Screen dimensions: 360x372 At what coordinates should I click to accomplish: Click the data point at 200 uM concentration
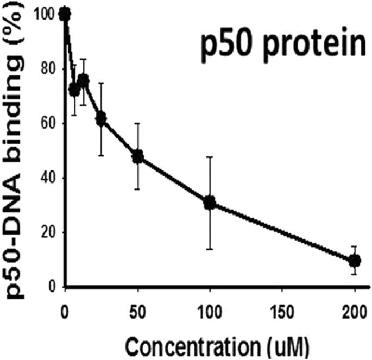click(x=354, y=261)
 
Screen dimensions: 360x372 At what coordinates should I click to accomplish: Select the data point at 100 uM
click(x=210, y=203)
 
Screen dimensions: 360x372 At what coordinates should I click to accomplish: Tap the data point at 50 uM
click(x=138, y=157)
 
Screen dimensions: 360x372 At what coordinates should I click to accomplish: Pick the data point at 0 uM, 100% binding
click(x=65, y=14)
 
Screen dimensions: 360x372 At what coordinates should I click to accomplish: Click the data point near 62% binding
click(x=101, y=119)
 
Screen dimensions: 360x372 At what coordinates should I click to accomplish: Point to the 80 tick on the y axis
click(x=52, y=69)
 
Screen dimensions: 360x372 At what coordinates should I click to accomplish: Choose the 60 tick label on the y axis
click(x=52, y=123)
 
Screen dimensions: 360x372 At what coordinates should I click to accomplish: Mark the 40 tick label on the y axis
click(x=52, y=178)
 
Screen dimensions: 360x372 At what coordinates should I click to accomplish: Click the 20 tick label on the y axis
click(x=52, y=232)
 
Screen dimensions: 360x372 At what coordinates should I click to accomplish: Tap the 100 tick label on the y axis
click(x=49, y=15)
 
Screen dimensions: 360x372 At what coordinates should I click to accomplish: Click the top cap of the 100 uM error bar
click(x=210, y=157)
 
